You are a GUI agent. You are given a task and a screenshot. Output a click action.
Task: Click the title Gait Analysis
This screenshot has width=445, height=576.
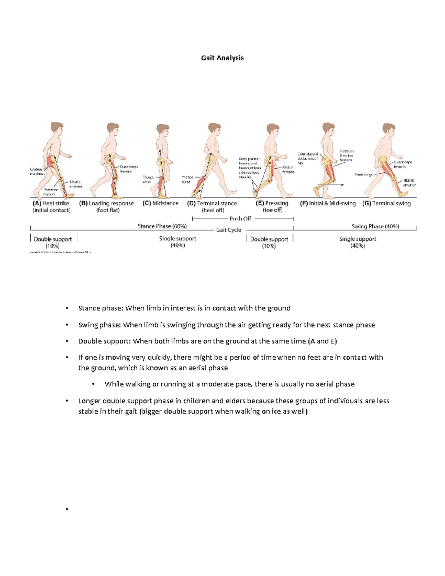tap(222, 58)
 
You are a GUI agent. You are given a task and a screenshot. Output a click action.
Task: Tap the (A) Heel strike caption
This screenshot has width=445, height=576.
tap(51, 207)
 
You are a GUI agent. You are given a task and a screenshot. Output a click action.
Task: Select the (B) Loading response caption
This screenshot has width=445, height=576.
tap(107, 207)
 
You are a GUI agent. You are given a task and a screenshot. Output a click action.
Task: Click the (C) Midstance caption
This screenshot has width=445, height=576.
tap(160, 203)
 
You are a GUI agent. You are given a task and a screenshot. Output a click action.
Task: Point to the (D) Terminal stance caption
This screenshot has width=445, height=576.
tap(212, 207)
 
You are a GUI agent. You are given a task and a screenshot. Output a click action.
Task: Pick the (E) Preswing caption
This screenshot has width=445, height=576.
tap(272, 207)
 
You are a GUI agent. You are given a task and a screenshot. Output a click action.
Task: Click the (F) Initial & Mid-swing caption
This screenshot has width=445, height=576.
tap(328, 203)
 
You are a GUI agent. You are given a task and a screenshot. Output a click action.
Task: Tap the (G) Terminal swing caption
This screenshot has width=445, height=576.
tap(387, 203)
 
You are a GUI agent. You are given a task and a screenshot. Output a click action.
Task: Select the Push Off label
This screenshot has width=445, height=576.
tap(240, 218)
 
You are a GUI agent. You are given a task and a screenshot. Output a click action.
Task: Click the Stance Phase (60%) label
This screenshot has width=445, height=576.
tap(162, 226)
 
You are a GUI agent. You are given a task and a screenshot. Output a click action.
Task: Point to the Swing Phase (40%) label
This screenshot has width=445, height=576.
tap(375, 226)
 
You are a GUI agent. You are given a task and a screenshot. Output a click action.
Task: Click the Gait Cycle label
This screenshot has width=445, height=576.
tap(229, 230)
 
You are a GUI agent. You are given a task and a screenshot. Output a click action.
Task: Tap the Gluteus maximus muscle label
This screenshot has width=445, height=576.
tap(37, 171)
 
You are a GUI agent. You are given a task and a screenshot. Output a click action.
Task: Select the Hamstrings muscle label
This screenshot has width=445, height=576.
tap(363, 174)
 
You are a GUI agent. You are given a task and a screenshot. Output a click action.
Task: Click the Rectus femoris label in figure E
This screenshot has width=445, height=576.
tap(288, 170)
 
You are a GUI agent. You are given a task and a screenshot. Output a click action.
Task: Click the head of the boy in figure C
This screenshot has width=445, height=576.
tap(162, 130)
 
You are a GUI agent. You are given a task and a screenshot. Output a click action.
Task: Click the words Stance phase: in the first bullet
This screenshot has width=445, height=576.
tap(101, 308)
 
